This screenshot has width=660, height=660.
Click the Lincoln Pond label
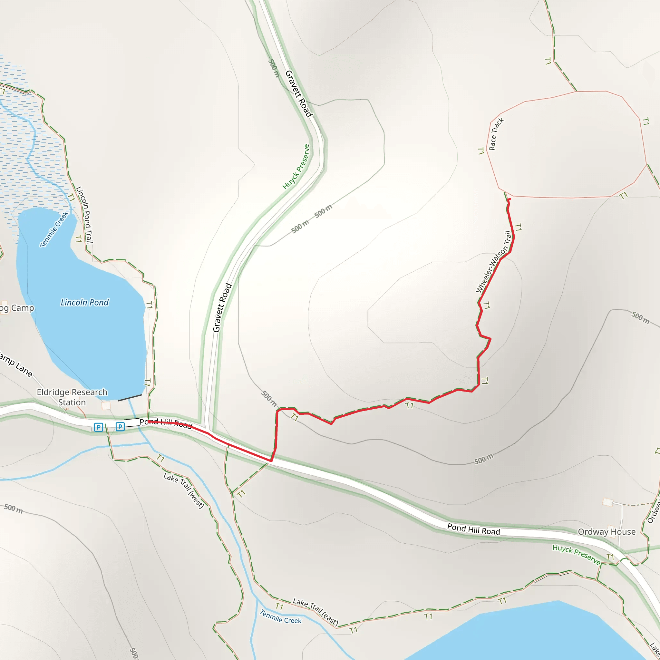pyautogui.click(x=84, y=302)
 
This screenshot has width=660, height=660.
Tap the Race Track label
pyautogui.click(x=496, y=134)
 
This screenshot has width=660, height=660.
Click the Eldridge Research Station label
pyautogui.click(x=72, y=397)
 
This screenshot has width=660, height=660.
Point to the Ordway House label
pyautogui.click(x=607, y=532)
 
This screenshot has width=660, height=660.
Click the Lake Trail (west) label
pyautogui.click(x=184, y=490)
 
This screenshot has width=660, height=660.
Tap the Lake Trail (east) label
pyautogui.click(x=315, y=612)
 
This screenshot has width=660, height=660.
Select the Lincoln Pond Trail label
pyautogui.click(x=84, y=215)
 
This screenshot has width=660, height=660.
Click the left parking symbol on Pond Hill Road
pyautogui.click(x=98, y=427)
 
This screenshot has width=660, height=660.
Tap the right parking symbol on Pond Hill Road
pyautogui.click(x=120, y=426)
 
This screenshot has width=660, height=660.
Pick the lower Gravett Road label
pyautogui.click(x=222, y=308)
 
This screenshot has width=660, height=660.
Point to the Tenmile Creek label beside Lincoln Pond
pyautogui.click(x=54, y=229)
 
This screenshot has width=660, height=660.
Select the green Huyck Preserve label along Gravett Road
pyautogui.click(x=296, y=167)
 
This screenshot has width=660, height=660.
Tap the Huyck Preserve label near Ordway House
pyautogui.click(x=576, y=554)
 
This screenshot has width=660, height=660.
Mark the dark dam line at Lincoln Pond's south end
pyautogui.click(x=130, y=398)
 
